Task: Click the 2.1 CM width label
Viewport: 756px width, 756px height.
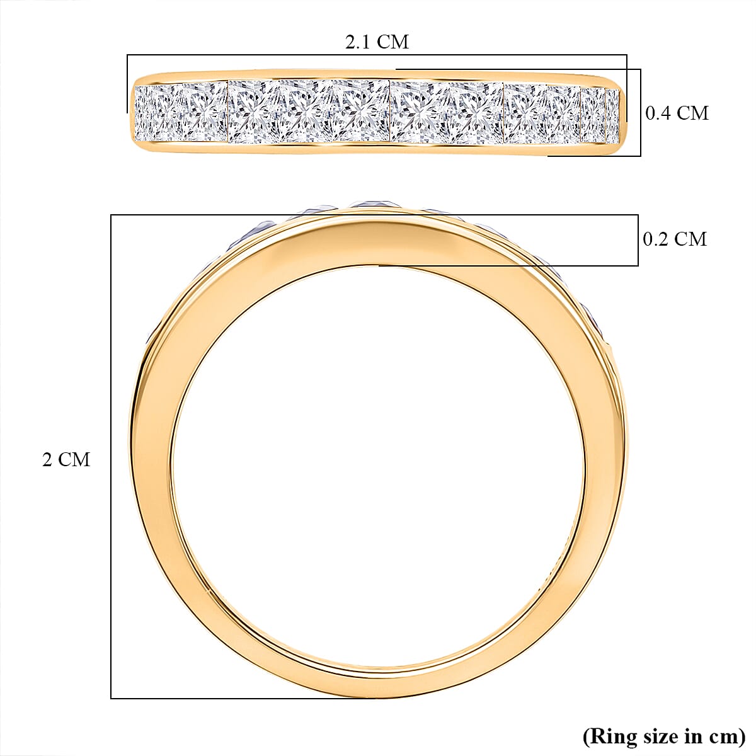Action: click(377, 42)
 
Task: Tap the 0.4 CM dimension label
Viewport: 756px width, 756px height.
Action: click(677, 113)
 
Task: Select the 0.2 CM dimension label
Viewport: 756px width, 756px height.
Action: click(675, 239)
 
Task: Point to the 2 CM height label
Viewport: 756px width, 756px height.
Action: click(66, 460)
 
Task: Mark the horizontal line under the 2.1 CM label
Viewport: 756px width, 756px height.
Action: click(377, 55)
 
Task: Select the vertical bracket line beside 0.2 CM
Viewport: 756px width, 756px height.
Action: click(638, 240)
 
